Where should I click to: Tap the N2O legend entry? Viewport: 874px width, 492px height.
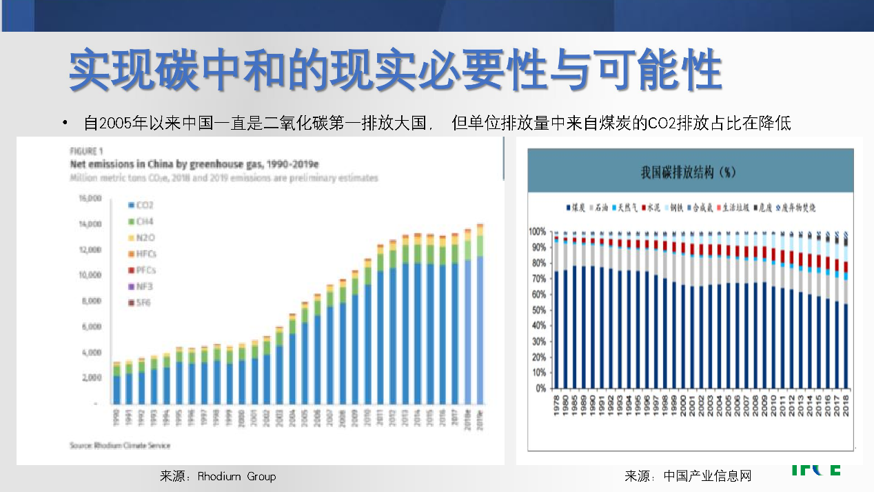pos(140,237)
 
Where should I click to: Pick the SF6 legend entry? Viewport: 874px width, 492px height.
pos(139,302)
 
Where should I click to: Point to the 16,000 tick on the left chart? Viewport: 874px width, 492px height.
pos(90,198)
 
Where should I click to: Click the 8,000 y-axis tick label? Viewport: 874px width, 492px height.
pos(92,301)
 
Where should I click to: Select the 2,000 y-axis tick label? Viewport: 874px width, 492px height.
pos(92,377)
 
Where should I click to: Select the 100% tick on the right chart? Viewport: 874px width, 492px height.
pos(539,231)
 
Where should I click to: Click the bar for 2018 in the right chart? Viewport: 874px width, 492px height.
pos(846,310)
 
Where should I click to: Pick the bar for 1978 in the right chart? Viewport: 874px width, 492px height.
pos(556,310)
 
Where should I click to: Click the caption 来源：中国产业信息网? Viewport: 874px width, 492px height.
pos(687,476)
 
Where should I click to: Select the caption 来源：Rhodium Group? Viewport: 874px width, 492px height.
pos(217,476)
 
